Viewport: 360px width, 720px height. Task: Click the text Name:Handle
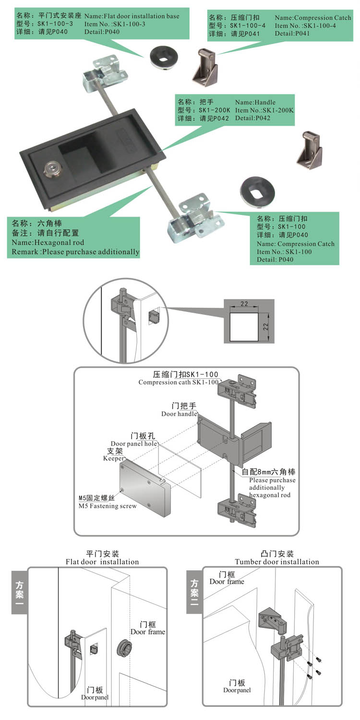(255, 102)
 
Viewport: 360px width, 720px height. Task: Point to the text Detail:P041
(292, 34)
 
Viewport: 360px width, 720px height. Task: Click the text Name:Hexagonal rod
(48, 243)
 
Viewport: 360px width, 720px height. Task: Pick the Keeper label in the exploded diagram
(114, 458)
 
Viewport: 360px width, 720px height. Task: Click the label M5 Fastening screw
(108, 506)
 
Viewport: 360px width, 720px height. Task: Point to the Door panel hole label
(134, 444)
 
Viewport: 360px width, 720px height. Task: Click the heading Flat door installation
(102, 562)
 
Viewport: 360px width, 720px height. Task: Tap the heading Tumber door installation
(277, 562)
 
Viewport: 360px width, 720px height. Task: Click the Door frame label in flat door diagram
(147, 632)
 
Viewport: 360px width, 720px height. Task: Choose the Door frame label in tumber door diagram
(227, 582)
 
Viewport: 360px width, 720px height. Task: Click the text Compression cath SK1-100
(178, 383)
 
